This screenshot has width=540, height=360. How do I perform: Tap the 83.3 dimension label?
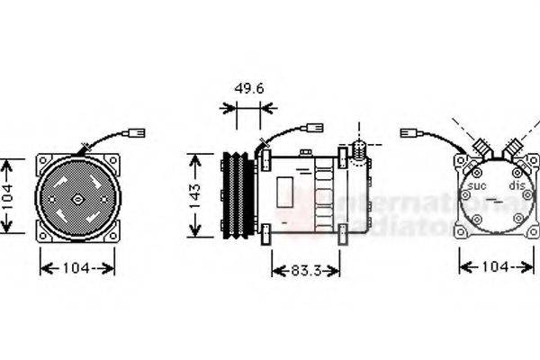point(305,270)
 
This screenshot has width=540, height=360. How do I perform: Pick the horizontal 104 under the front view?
point(78,267)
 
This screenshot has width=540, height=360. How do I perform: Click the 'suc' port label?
point(478,186)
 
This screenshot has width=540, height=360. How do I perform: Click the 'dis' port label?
point(517,186)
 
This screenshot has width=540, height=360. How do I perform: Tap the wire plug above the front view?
point(137,133)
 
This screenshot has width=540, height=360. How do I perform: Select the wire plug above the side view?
point(316,128)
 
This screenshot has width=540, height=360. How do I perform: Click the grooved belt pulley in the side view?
point(237,194)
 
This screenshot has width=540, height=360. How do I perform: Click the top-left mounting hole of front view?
point(42,162)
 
